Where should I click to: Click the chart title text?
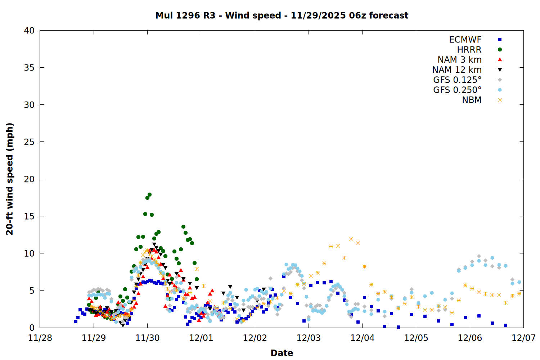282,15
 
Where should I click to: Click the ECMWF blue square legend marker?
500,40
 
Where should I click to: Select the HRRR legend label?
469,50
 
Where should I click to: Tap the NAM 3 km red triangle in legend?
500,59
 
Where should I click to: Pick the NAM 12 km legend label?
457,70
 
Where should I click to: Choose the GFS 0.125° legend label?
457,80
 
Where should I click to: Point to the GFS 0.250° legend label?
457,90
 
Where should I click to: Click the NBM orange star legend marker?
500,100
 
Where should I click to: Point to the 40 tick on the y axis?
29,31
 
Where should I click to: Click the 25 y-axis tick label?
29,142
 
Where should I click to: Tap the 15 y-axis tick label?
29,216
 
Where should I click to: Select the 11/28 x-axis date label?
40,338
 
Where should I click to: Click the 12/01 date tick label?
201,338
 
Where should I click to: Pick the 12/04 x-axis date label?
363,338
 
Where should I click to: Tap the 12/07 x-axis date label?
523,338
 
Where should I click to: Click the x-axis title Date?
282,353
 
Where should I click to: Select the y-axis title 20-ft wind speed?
10,179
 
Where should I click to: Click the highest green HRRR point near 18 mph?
149,195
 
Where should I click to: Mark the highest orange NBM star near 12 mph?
351,239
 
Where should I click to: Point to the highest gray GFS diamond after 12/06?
479,256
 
